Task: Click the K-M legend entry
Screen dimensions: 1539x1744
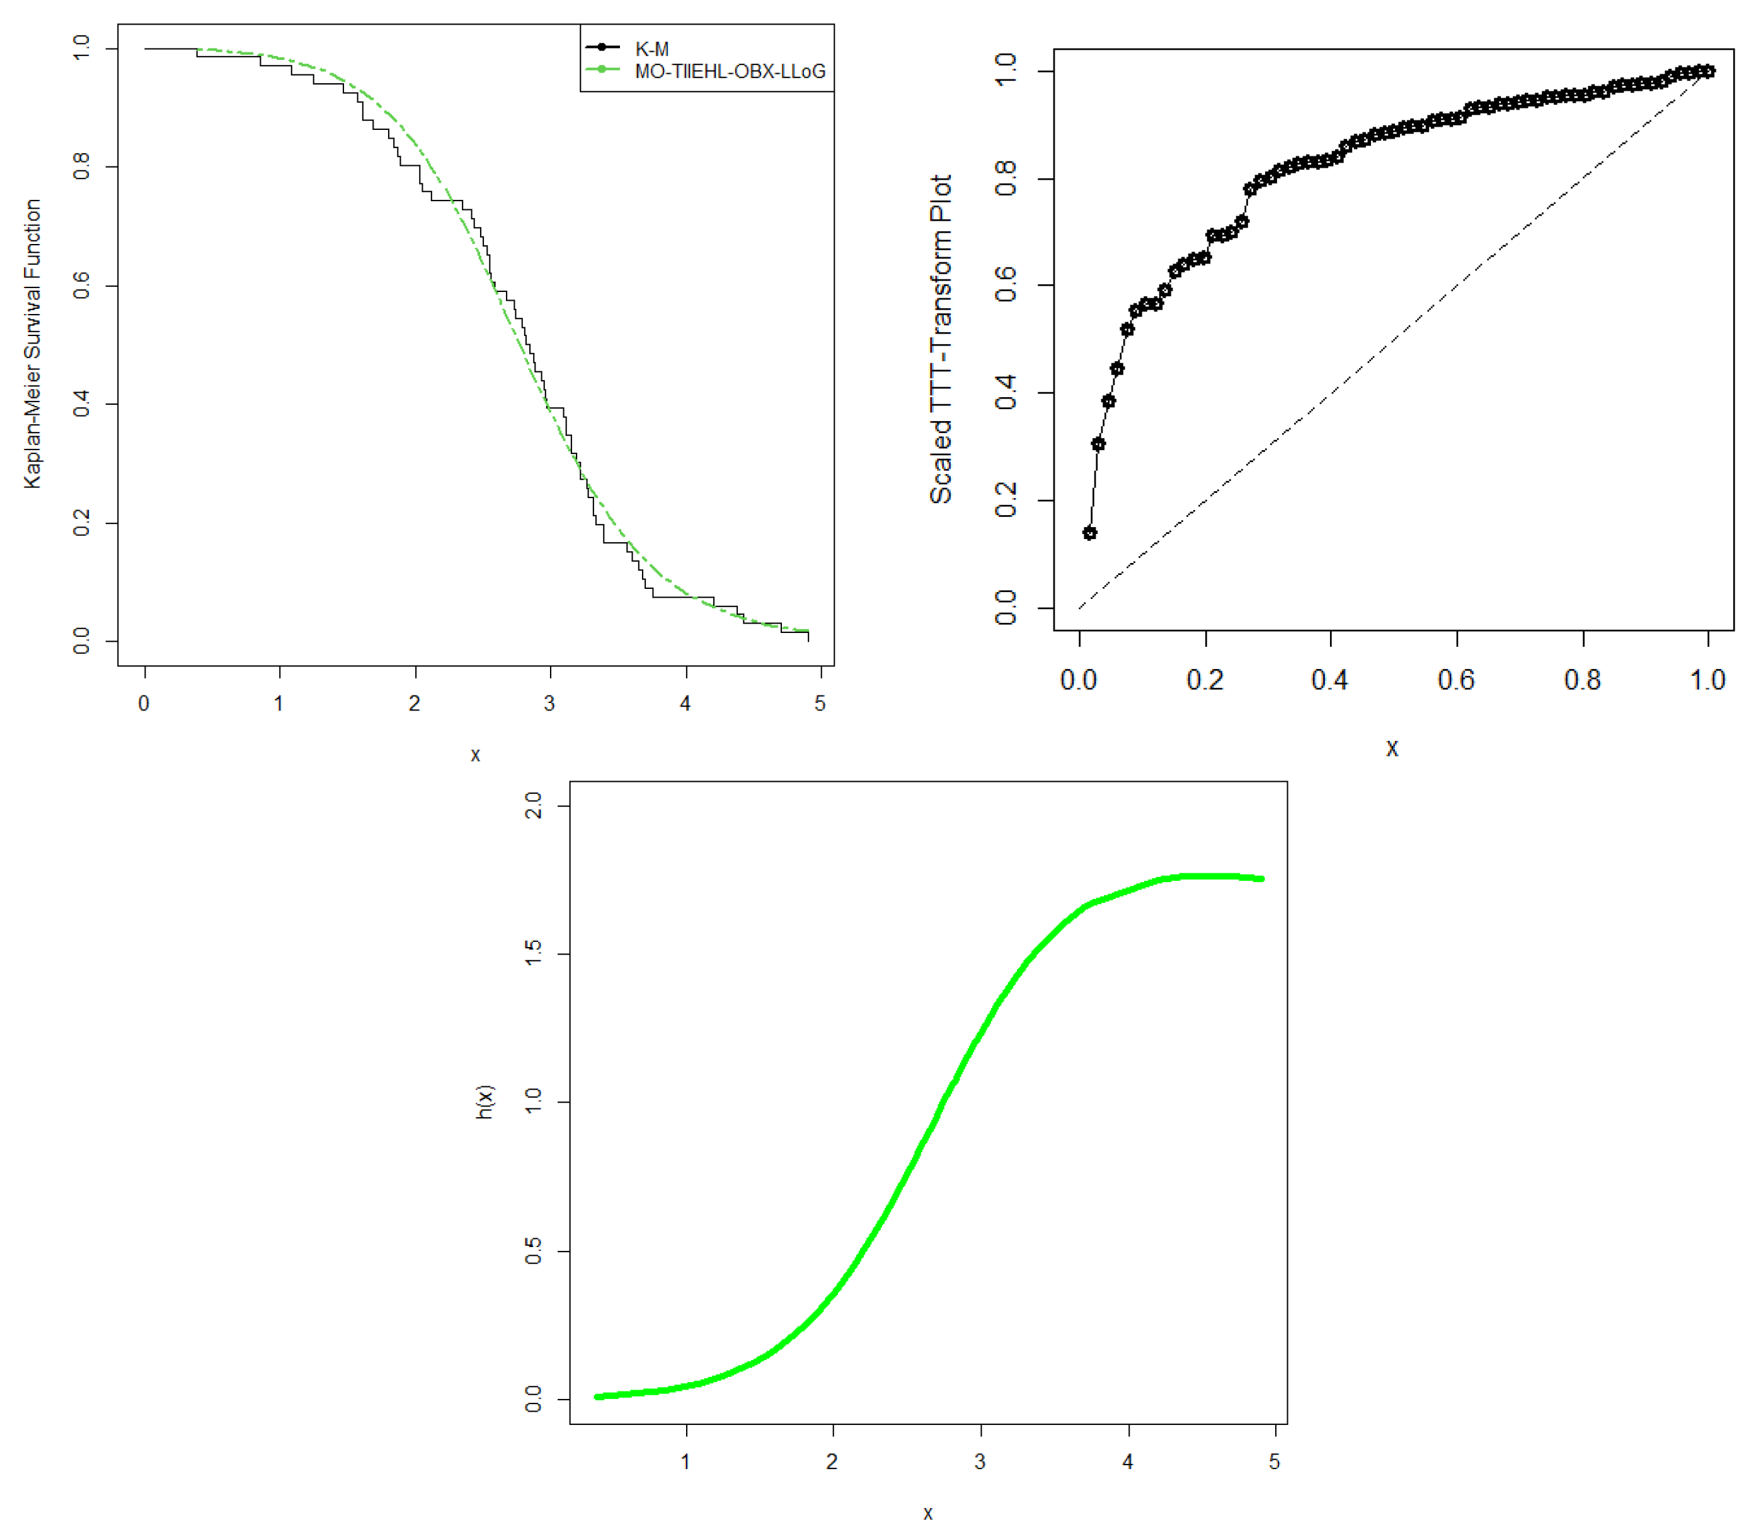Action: click(651, 49)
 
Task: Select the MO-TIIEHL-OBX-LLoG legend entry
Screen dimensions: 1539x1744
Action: click(730, 71)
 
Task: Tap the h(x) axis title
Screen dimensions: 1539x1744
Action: click(484, 1102)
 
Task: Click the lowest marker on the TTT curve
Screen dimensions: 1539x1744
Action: click(1089, 533)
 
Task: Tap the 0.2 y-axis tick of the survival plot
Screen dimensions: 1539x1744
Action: click(82, 523)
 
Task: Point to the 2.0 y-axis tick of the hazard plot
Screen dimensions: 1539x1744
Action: click(533, 805)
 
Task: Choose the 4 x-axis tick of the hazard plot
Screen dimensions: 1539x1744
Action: click(1128, 1461)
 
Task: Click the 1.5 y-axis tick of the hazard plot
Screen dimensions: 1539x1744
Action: click(533, 953)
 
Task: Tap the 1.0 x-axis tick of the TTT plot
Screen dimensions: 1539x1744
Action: click(1707, 680)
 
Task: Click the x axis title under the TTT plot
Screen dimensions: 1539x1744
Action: click(1392, 748)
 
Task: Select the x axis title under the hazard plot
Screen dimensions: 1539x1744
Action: click(927, 1513)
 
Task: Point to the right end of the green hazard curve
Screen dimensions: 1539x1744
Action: click(1261, 878)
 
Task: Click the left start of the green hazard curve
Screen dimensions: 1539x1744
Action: click(597, 1397)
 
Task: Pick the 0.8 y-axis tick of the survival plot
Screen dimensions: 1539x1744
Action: click(82, 166)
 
